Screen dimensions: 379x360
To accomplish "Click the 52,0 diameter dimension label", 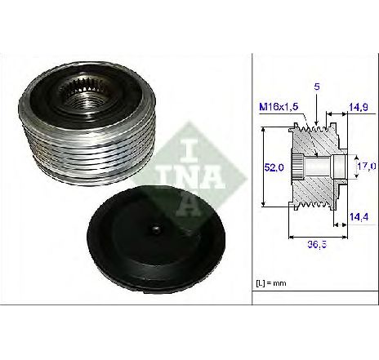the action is [x=274, y=167].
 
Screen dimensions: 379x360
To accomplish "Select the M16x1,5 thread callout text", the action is [x=279, y=107].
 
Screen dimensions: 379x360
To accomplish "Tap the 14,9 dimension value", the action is [x=359, y=107].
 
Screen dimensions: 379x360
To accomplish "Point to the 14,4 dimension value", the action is [x=359, y=217].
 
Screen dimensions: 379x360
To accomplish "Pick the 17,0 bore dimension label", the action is [x=367, y=166].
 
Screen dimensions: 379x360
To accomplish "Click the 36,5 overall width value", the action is [x=317, y=245].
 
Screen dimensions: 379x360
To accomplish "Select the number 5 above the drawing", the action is [x=317, y=87].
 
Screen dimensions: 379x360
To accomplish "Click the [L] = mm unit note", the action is [x=271, y=283].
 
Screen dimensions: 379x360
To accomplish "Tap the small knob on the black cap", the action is [x=156, y=229].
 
